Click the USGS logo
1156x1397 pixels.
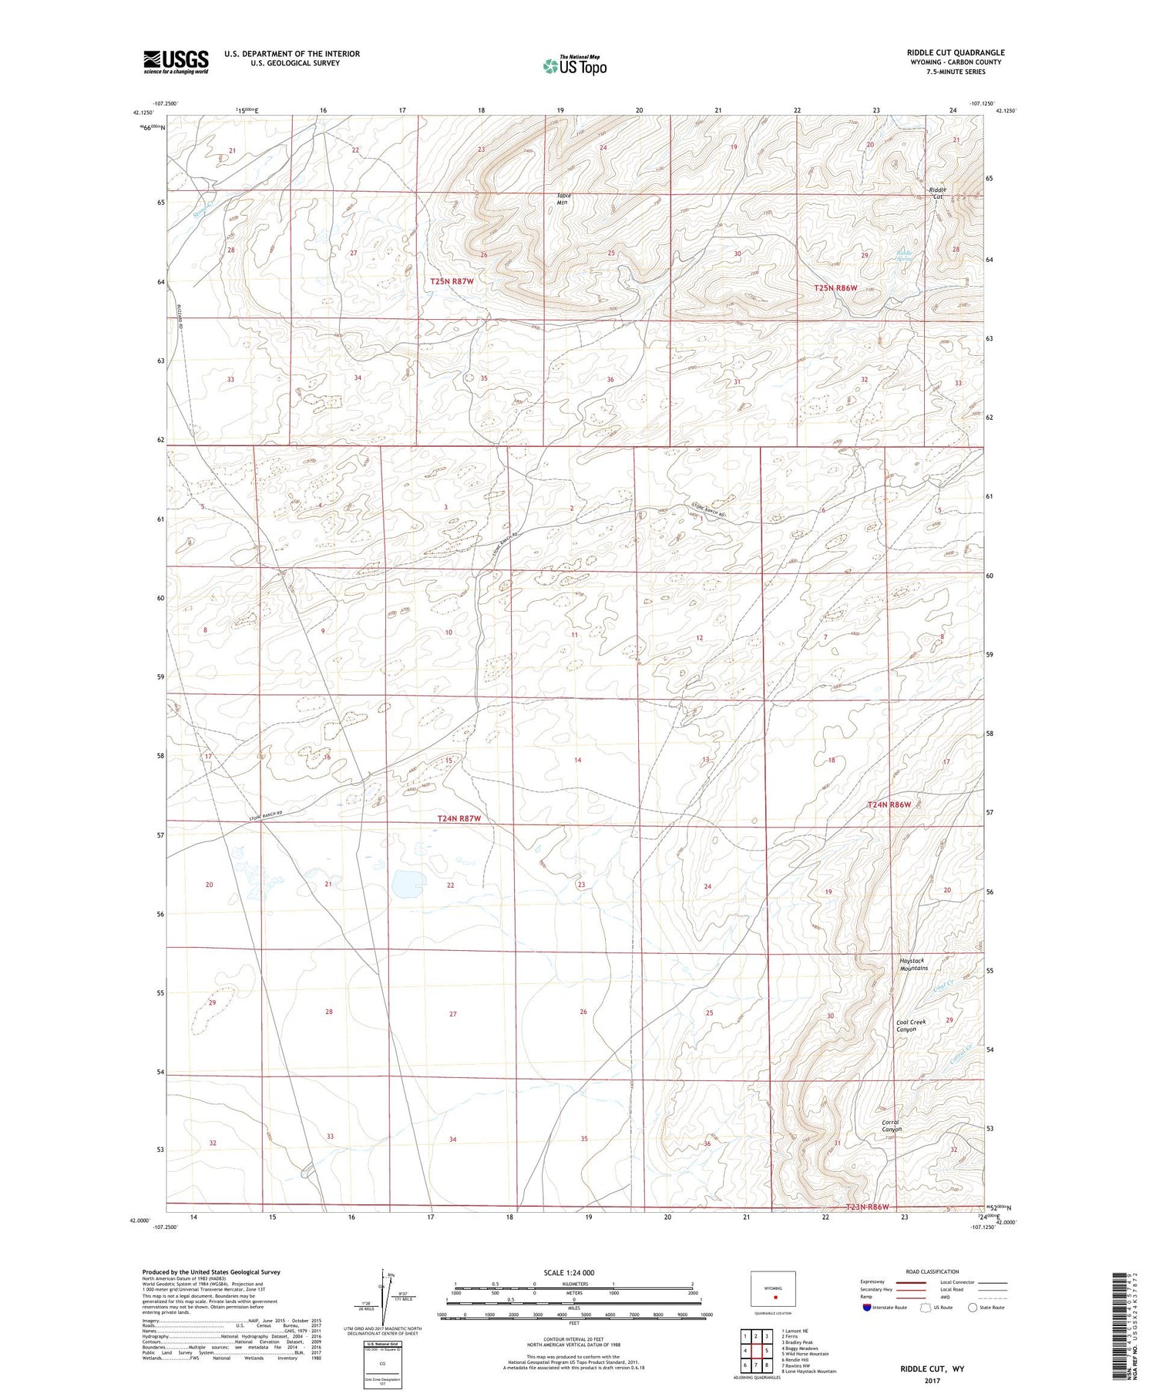click(176, 62)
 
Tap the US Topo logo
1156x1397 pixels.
click(574, 65)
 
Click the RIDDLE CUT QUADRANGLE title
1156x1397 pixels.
click(956, 52)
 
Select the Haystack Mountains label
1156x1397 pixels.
click(914, 964)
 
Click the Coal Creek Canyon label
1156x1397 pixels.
click(910, 1026)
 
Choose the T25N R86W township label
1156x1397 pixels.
click(836, 287)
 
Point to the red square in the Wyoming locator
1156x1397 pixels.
click(775, 1296)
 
